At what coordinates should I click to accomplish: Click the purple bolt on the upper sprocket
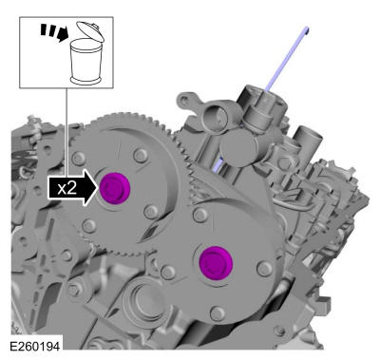pyautogui.click(x=115, y=189)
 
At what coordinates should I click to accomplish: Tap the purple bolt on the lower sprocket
pyautogui.click(x=216, y=263)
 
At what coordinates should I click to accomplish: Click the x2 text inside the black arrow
pyautogui.click(x=67, y=189)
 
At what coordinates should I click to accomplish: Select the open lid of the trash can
pyautogui.click(x=91, y=31)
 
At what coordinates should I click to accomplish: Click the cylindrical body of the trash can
pyautogui.click(x=85, y=61)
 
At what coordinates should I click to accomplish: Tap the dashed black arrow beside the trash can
pyautogui.click(x=54, y=32)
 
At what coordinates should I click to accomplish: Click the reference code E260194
pyautogui.click(x=34, y=347)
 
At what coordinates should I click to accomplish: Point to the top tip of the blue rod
pyautogui.click(x=307, y=28)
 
